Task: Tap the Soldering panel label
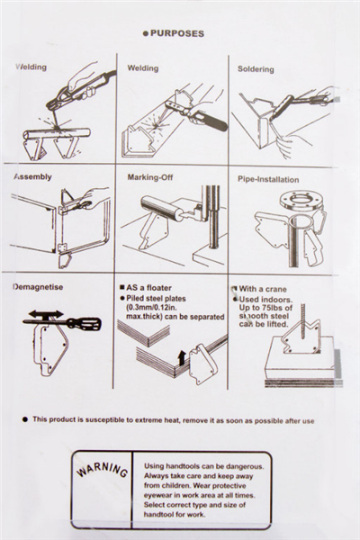[256, 69]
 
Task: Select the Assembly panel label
[32, 176]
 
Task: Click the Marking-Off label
[150, 177]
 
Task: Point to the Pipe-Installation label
[268, 179]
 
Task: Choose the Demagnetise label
[38, 287]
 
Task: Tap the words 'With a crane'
[263, 289]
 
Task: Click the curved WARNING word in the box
[102, 470]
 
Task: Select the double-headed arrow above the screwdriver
[46, 314]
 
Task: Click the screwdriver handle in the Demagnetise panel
[84, 323]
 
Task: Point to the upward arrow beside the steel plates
[182, 358]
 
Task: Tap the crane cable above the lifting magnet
[303, 321]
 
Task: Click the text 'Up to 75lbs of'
[265, 307]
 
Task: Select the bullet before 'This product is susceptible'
[25, 419]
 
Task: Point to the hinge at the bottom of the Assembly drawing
[62, 247]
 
